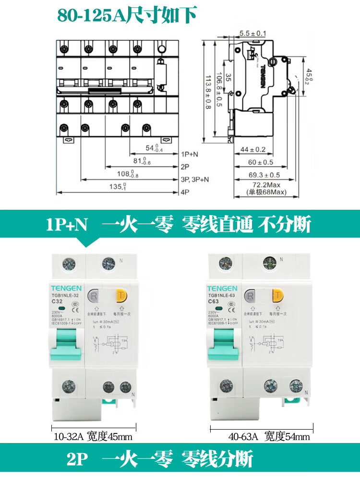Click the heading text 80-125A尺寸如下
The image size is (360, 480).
click(x=127, y=15)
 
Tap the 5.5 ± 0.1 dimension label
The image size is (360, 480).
click(x=253, y=33)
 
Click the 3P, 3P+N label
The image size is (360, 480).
click(x=196, y=180)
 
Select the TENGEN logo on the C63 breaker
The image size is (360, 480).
click(x=222, y=288)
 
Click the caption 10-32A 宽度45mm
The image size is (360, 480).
click(x=92, y=437)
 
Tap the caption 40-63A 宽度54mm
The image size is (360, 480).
click(x=269, y=437)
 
